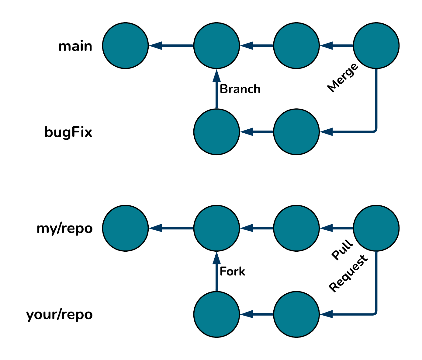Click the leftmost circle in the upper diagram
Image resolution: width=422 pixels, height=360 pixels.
pos(125,46)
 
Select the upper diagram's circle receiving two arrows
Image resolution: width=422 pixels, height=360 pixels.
pos(216,46)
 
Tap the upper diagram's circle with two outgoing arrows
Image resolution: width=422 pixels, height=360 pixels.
pos(376,46)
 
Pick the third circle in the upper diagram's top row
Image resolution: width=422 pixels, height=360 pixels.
pos(296,46)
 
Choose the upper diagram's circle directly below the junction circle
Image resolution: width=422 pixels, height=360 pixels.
pos(216,132)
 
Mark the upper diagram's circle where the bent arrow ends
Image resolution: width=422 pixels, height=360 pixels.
pos(296,132)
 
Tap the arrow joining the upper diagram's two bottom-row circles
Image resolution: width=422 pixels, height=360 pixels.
pos(257,132)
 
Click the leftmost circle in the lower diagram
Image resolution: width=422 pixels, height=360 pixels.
pos(125,228)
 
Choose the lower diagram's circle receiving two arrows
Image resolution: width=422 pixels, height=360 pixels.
pos(216,228)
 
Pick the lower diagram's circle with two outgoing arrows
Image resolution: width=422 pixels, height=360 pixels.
pos(376,228)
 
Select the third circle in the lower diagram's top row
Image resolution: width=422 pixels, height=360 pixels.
pos(296,228)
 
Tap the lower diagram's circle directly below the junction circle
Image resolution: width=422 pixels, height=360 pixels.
pos(216,314)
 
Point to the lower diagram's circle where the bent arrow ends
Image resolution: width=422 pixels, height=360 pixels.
pos(296,314)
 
